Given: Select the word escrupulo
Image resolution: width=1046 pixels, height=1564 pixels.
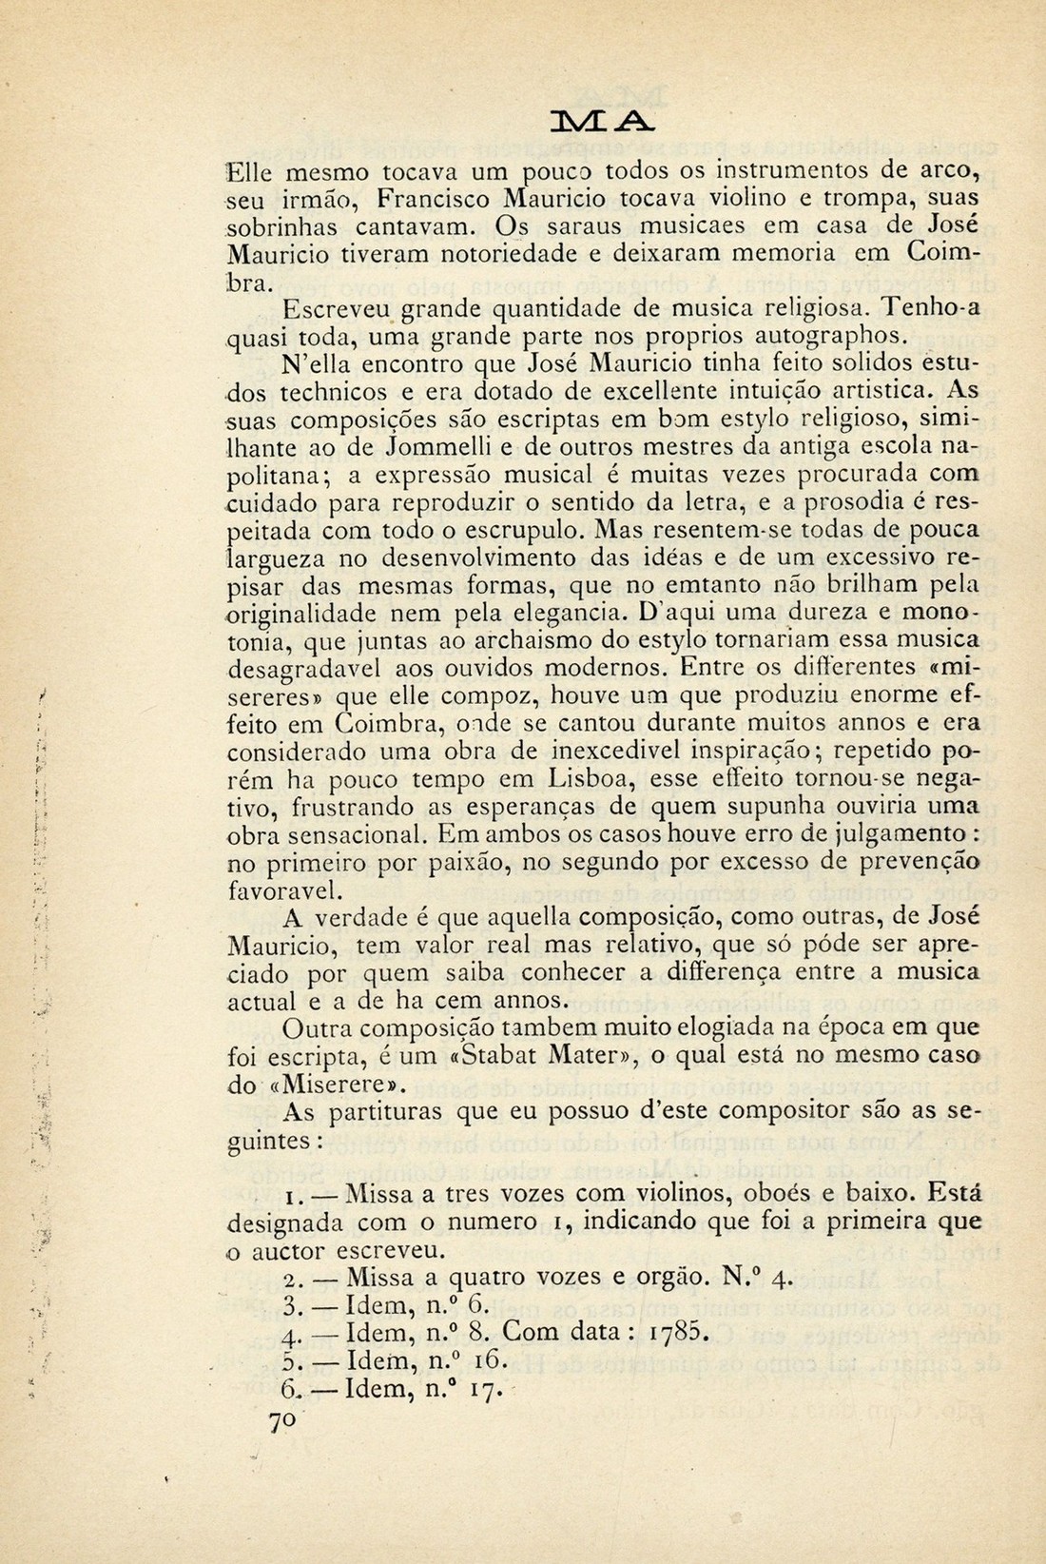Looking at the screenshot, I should click(507, 528).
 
